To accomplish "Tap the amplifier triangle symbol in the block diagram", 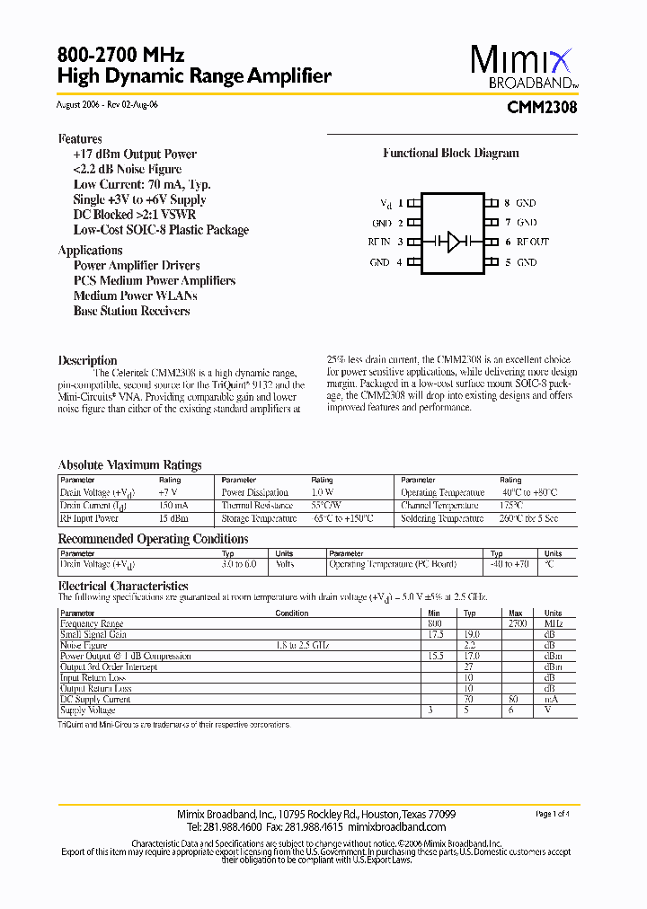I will (455, 242).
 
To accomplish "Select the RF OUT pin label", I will (532, 242).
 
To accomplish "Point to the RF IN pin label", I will (379, 242).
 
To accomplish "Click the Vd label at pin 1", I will (386, 204).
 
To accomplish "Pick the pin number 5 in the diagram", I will (508, 262).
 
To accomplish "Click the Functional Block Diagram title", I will (451, 154).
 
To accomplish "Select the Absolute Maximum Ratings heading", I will (130, 465).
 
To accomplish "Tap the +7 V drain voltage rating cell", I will (169, 492).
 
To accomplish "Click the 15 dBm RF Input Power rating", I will (174, 518).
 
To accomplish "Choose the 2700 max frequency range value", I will (517, 623).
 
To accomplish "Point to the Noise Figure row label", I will (84, 646).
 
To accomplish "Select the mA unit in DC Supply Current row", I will (550, 700).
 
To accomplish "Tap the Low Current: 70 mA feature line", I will (142, 184).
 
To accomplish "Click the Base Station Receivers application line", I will (131, 311).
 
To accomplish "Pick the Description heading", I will (88, 360).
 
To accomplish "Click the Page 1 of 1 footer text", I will (552, 814).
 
